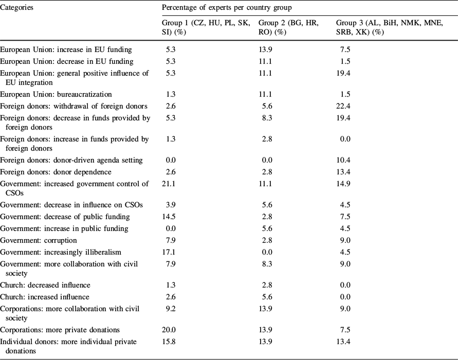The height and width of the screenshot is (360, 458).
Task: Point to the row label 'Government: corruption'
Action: pyautogui.click(x=39, y=240)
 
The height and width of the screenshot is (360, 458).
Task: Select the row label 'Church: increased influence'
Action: pyautogui.click(x=45, y=297)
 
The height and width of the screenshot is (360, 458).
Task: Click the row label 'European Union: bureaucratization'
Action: pyautogui.click(x=56, y=94)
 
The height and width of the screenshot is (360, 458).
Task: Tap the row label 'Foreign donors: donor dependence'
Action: pyautogui.click(x=56, y=172)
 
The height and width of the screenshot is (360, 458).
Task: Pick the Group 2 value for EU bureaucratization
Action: pyautogui.click(x=267, y=94)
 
